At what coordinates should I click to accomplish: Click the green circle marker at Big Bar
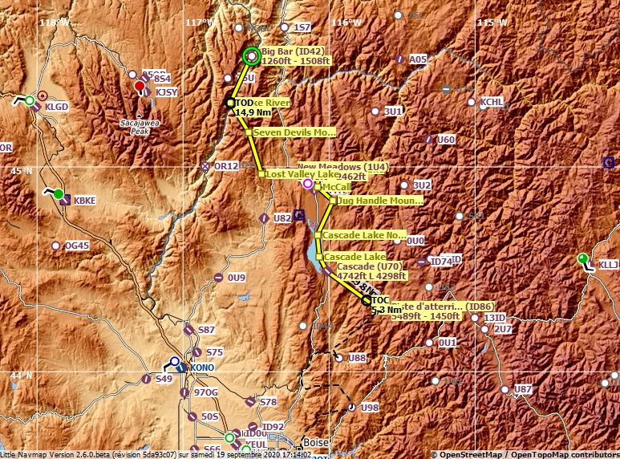251,56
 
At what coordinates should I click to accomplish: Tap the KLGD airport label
57,106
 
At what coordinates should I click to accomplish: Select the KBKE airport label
84,201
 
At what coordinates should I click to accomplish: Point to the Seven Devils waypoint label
294,132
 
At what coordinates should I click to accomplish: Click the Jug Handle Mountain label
379,201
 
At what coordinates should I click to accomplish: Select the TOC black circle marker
367,301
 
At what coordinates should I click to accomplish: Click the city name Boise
316,442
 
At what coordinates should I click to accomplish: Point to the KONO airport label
201,368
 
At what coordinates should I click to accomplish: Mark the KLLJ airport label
609,264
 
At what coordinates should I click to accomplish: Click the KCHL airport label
492,103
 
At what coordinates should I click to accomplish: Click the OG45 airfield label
77,246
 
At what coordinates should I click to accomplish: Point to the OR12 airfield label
226,166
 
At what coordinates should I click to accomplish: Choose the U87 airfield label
523,389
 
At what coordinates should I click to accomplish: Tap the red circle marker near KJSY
140,87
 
